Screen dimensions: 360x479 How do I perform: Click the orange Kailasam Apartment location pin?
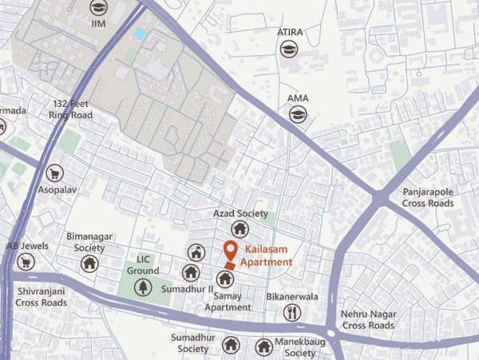pos(231,251)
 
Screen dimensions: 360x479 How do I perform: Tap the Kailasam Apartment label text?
pos(268,255)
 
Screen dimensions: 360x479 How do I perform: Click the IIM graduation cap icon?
pos(98,9)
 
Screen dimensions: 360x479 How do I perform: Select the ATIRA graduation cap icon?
pos(288,49)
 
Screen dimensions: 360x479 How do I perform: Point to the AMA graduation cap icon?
pos(298,115)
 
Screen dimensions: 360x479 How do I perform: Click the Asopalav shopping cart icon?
pos(54,173)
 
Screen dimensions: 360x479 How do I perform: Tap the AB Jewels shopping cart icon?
pos(26,262)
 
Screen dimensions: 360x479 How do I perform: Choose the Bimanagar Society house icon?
pos(89,263)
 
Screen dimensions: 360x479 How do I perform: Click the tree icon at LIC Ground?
pos(143,287)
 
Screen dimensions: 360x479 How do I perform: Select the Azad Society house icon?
pos(239,230)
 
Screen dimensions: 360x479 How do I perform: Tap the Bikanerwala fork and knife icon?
pos(292,312)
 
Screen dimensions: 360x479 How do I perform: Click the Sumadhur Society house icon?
pos(231,345)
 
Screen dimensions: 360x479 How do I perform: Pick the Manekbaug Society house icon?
pos(264,346)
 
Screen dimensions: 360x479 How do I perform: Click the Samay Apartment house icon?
pos(225,279)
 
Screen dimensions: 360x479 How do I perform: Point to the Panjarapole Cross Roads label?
pos(428,197)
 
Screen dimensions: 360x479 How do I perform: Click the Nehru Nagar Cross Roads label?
pos(368,319)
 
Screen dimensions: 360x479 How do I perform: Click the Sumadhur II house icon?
pos(190,272)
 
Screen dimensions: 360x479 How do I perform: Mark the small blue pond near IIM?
pos(141,34)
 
